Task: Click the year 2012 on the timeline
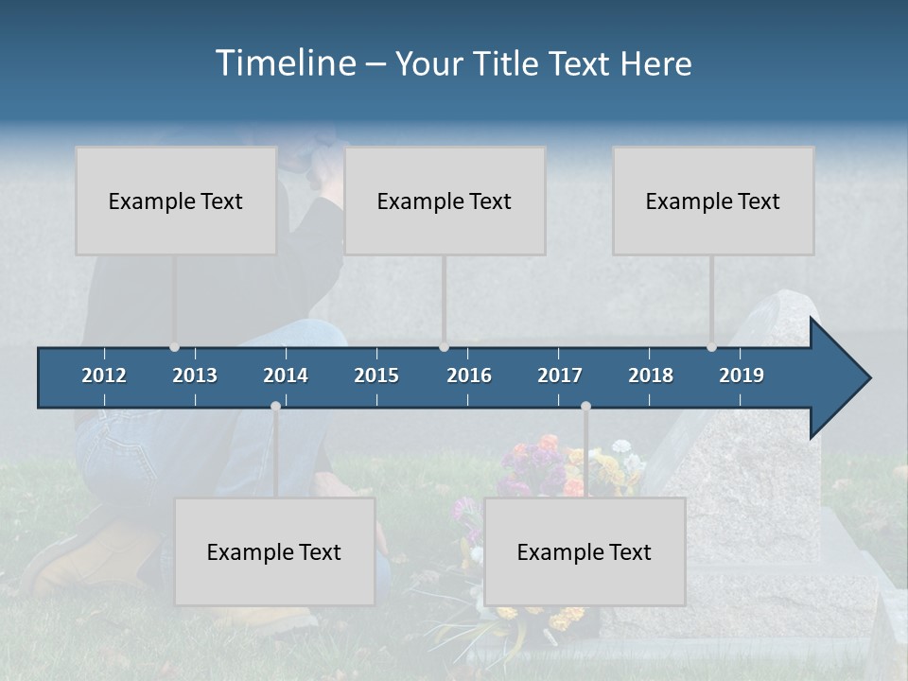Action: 104,375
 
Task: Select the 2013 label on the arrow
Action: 195,375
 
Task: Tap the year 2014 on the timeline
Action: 286,375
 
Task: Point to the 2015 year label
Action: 376,375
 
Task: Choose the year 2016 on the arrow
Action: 469,375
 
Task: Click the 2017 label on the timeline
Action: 560,375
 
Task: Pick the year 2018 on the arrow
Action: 651,375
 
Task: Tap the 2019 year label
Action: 742,375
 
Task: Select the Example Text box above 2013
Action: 176,201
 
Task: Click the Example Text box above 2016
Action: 445,201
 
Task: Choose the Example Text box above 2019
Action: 713,201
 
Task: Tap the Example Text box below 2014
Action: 274,551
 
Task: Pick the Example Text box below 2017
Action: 585,551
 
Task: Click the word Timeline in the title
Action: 284,63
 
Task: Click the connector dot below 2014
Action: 275,406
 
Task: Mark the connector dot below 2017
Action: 585,406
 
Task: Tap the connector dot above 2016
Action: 444,347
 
